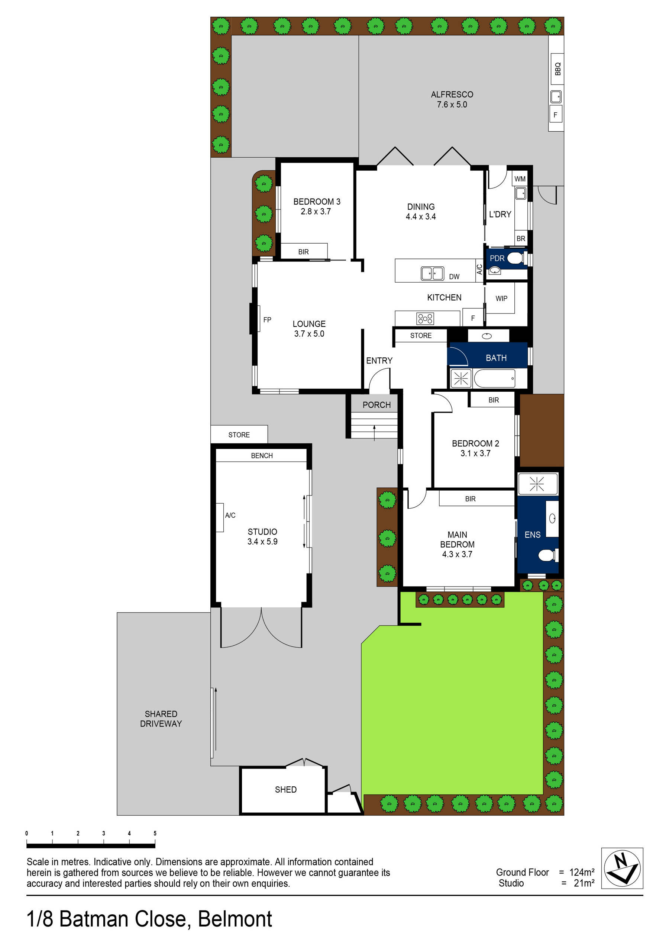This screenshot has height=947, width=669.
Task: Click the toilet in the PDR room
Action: point(515,258)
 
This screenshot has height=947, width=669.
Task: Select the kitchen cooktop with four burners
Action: point(425,318)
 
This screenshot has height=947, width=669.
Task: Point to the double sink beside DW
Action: point(432,273)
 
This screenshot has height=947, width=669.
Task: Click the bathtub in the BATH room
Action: point(494,378)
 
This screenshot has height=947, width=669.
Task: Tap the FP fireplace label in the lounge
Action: point(267,320)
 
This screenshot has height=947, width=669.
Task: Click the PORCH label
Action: point(376,405)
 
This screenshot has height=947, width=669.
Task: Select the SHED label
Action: point(286,789)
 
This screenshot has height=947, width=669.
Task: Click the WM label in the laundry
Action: point(520,179)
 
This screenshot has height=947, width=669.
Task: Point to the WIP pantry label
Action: point(501,299)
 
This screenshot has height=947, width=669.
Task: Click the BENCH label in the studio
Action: point(262,455)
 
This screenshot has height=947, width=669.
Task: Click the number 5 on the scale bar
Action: point(155,833)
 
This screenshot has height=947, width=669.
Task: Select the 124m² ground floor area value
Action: point(582,872)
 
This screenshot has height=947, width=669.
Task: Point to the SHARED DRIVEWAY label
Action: point(161,719)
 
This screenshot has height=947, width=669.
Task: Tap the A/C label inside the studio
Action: point(230,515)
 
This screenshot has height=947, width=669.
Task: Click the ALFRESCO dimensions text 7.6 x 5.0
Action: point(452,105)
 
